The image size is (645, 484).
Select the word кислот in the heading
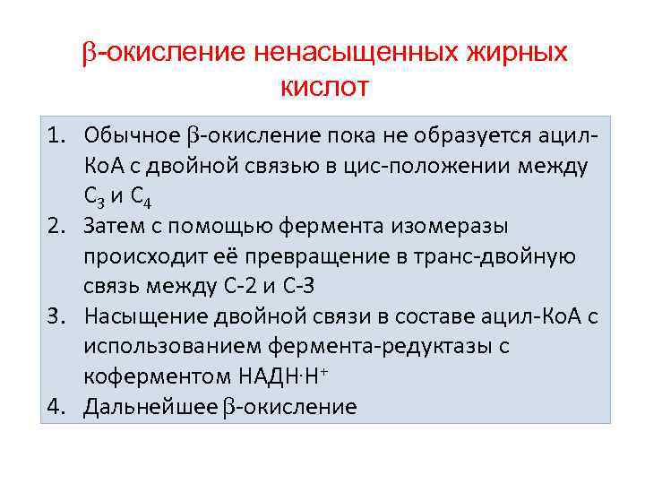pyautogui.click(x=324, y=88)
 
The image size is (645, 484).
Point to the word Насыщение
pyautogui.click(x=143, y=316)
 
